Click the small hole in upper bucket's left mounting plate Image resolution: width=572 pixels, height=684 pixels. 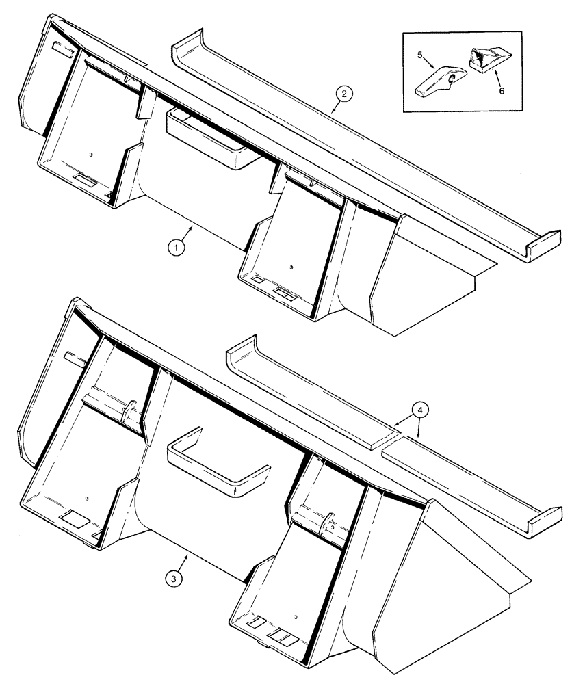(x=91, y=155)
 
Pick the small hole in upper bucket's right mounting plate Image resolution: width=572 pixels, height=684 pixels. (x=291, y=267)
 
